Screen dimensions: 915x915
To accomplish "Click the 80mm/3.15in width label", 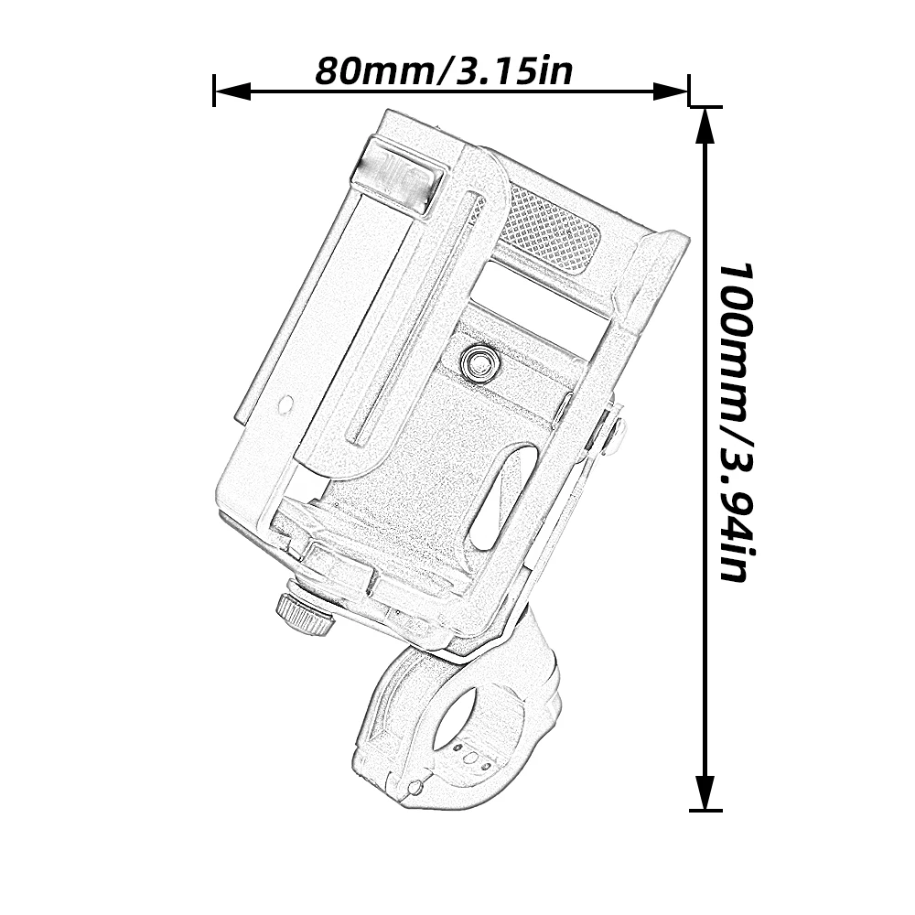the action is (444, 70).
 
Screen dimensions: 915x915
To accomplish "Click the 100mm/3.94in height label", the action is (737, 423).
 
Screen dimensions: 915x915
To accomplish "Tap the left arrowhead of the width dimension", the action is (232, 91).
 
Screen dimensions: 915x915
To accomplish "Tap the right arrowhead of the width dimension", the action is (671, 91).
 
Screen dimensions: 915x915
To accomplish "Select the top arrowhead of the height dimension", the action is (706, 126).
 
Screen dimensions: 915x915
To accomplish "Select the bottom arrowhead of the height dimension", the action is (706, 791).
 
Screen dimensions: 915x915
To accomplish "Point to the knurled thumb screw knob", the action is (306, 616).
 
